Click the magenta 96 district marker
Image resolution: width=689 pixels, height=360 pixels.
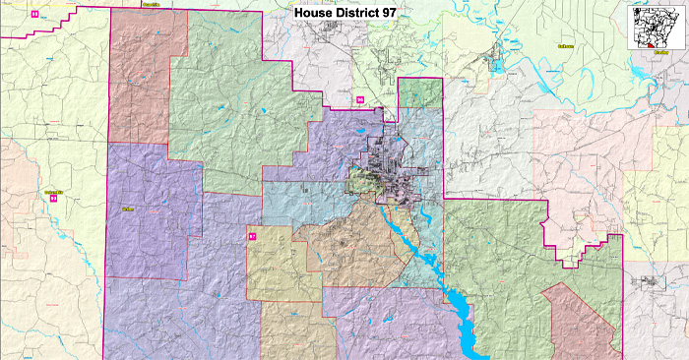pyautogui.click(x=360, y=99)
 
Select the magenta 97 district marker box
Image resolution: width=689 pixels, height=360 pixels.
pyautogui.click(x=251, y=236)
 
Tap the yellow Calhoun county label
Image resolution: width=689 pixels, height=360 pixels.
pyautogui.click(x=565, y=45)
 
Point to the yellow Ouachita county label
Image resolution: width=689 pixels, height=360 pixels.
pyautogui.click(x=151, y=4)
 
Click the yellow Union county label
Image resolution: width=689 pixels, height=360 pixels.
pyautogui.click(x=127, y=209)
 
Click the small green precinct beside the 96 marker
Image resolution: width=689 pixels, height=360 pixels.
pyautogui.click(x=419, y=92)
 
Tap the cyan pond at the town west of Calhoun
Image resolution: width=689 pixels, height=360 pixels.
pyautogui.click(x=497, y=67)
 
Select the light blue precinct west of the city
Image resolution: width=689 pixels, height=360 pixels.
pyautogui.click(x=300, y=202)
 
